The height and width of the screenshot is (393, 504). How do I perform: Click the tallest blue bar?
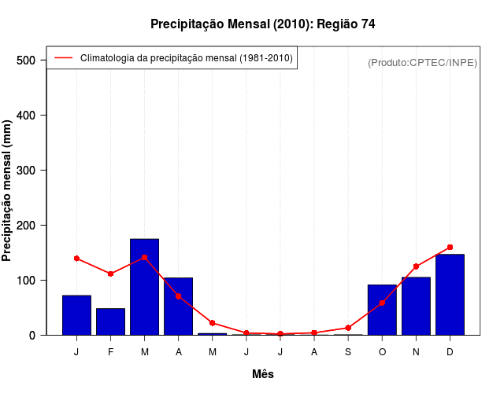click(x=144, y=287)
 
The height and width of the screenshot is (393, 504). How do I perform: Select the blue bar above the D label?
click(x=450, y=295)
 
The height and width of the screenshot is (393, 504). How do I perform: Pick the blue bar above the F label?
click(x=110, y=321)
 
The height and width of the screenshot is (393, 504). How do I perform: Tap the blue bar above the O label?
click(x=382, y=310)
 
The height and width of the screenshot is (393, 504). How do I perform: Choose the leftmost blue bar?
click(x=76, y=315)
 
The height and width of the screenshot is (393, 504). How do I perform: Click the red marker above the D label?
click(x=450, y=247)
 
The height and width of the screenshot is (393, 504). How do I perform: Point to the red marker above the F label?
click(x=110, y=274)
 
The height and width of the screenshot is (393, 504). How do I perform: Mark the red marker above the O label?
click(x=382, y=303)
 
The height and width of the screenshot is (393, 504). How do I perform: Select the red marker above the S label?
click(x=348, y=328)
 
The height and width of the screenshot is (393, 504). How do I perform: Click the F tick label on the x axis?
click(x=110, y=352)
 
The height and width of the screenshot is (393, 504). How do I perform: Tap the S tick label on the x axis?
click(x=348, y=352)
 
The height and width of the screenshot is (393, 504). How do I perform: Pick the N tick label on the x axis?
click(x=416, y=352)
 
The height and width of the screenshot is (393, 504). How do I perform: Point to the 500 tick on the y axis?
click(x=26, y=61)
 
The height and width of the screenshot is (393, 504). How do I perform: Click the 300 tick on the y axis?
click(x=26, y=171)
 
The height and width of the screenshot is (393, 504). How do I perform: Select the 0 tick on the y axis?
click(x=31, y=336)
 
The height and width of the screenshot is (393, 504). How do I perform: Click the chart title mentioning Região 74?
click(x=263, y=24)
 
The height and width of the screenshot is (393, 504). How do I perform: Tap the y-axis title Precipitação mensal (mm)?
click(x=8, y=191)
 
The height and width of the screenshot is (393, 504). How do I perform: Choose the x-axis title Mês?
click(x=263, y=375)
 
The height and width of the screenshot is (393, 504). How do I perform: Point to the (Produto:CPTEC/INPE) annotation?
click(x=423, y=62)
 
